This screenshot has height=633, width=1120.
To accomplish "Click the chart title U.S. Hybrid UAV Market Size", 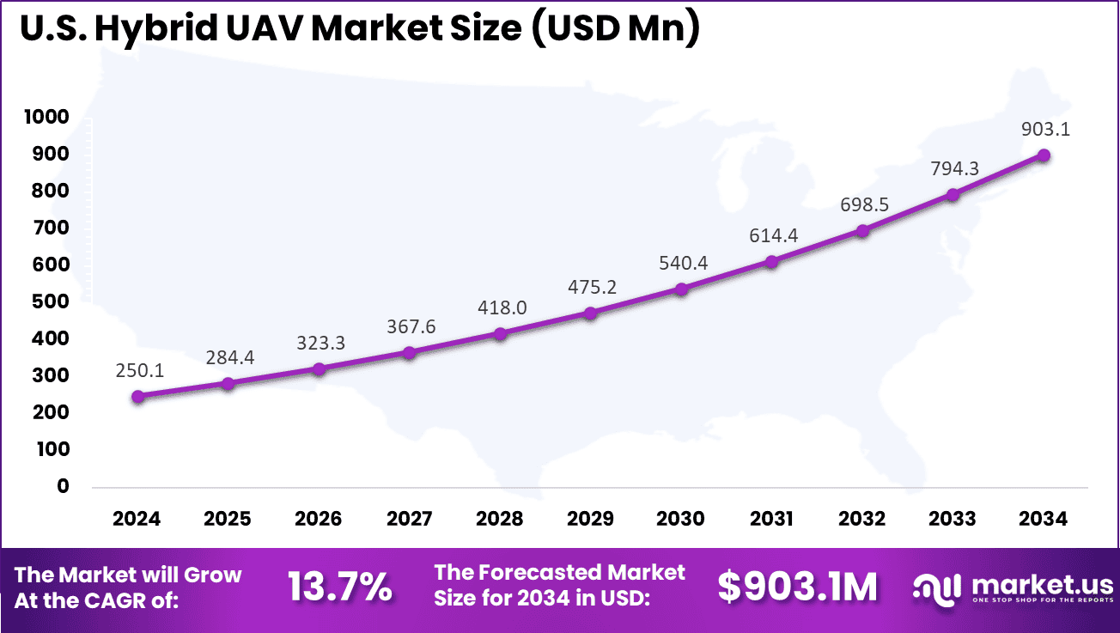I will pos(359,29).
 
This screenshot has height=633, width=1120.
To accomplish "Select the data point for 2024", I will pos(137,397).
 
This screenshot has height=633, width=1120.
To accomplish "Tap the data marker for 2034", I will pos(1044,155).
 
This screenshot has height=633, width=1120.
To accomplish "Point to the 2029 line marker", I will pos(591,313).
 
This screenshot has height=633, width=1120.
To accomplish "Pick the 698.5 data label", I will pos(862,204).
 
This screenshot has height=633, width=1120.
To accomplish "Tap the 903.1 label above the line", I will pos(1045,129).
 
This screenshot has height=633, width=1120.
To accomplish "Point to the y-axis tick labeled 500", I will pos(51,301).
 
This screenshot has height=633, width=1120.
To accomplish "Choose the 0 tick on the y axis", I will pos(62,486).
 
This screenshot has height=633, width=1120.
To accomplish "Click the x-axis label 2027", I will pos(409,519).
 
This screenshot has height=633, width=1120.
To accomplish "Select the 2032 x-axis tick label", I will pos(862,519).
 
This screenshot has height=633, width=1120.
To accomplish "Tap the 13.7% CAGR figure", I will pos(339,587).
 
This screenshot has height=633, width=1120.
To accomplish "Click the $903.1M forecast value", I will pos(798,587).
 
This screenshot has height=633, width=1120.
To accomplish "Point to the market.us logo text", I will pos(1042,584).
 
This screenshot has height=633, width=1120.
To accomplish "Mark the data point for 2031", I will pos(772,261).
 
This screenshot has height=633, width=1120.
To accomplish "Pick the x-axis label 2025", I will pos(228,519).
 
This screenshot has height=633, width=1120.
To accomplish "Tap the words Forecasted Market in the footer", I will pos(559,573).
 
